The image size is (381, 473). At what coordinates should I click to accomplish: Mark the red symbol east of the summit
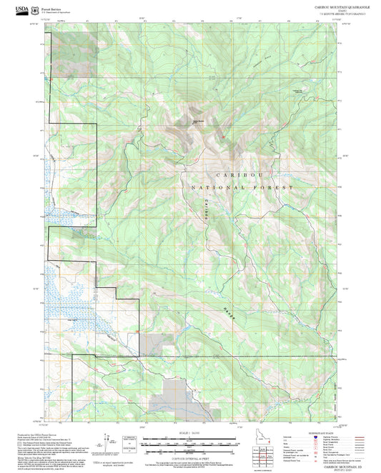[x=223, y=136]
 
